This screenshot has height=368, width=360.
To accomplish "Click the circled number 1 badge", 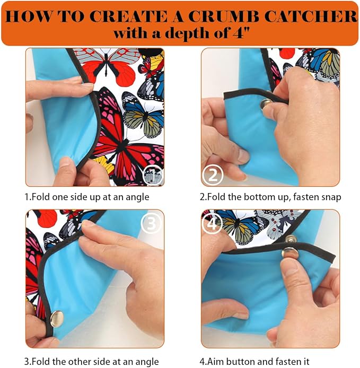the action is (153, 176).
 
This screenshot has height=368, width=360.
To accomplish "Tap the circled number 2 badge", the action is (213, 175).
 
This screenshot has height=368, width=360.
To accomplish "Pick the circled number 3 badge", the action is (151, 223).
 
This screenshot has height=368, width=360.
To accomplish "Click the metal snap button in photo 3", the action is (57, 319).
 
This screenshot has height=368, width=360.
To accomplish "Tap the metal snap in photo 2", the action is (266, 104).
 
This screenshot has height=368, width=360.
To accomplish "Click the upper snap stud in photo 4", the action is (291, 239).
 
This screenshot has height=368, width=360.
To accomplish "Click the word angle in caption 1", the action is (137, 197).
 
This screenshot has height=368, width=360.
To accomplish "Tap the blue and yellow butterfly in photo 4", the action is (242, 226).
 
